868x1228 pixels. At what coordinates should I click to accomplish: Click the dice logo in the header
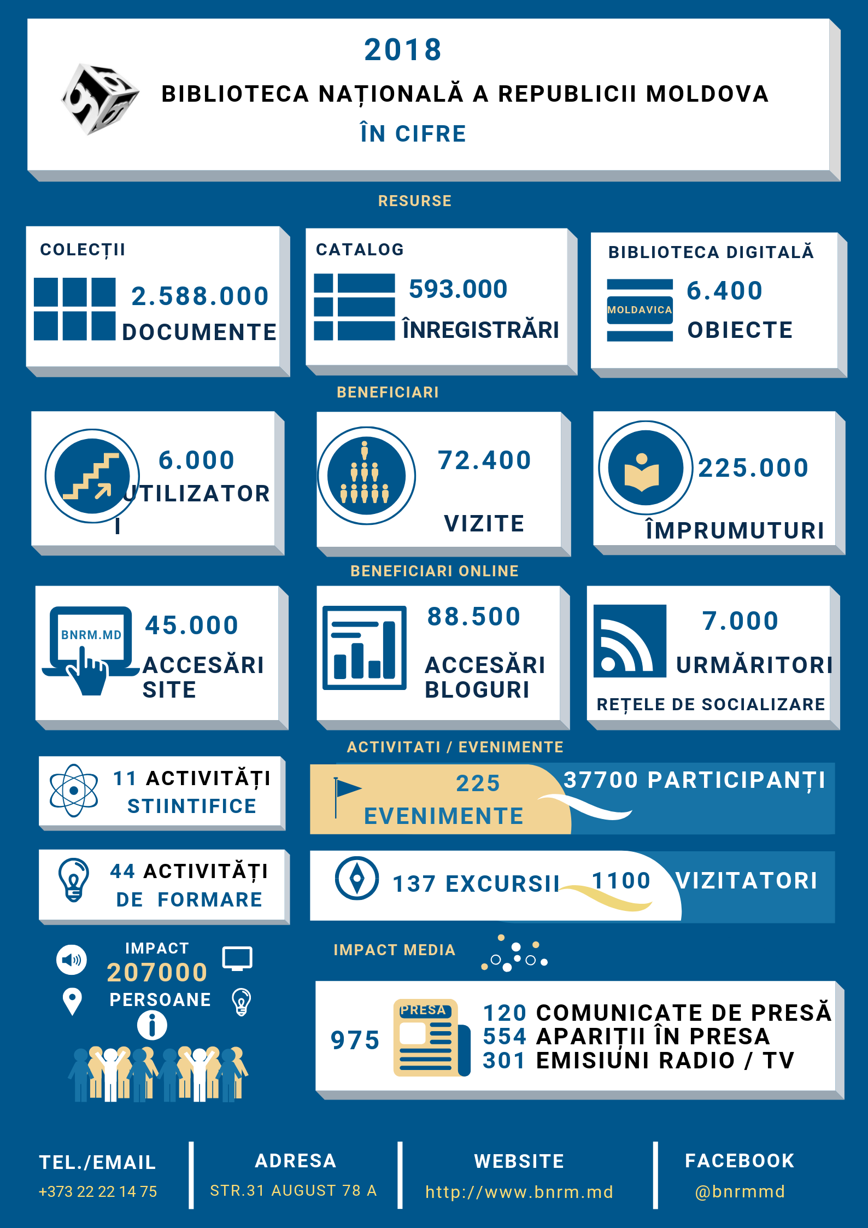tap(99, 98)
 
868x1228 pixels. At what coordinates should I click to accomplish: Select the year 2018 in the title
tap(403, 50)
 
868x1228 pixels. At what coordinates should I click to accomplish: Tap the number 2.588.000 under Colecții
tap(200, 296)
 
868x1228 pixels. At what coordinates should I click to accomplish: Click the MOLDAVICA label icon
tap(640, 310)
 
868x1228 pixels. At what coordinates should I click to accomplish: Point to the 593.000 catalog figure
tap(458, 289)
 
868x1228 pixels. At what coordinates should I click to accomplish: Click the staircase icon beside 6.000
tap(92, 476)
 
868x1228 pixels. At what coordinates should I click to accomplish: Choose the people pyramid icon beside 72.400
tap(366, 476)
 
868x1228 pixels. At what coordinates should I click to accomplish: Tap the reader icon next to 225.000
tap(645, 468)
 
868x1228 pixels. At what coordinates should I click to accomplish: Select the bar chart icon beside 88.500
tap(364, 647)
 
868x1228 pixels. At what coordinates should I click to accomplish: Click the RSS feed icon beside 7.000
tap(629, 641)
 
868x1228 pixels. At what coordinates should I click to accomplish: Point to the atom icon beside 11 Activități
tap(74, 791)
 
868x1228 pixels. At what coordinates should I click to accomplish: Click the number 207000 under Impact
tap(157, 973)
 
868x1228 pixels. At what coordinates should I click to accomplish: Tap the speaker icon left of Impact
tap(71, 960)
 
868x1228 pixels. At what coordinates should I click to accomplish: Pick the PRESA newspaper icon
tap(430, 1038)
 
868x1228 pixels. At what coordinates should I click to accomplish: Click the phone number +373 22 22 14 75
tap(98, 1191)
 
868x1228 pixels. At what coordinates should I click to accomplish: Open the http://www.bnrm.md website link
tap(519, 1192)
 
